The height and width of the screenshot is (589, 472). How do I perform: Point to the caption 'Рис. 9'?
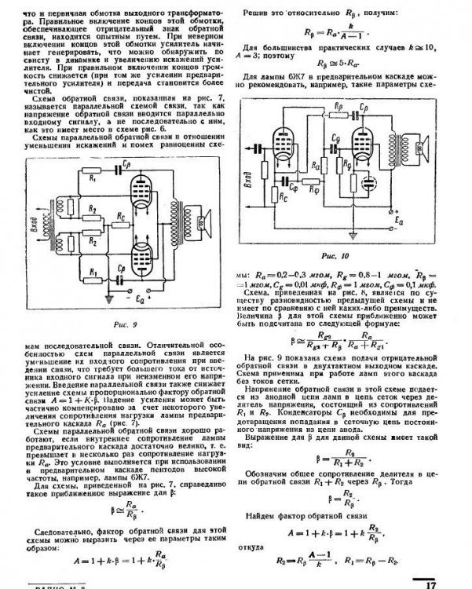click(x=125, y=324)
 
